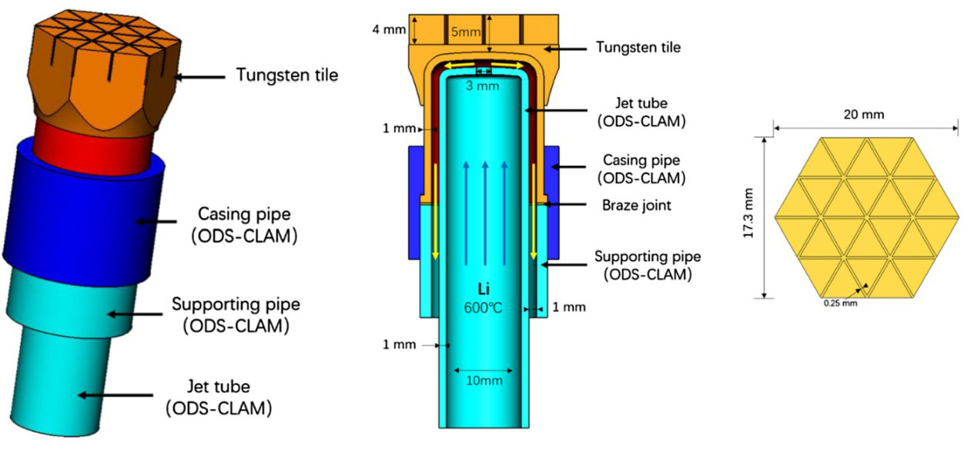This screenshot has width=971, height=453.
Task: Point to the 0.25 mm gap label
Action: pyautogui.click(x=839, y=303)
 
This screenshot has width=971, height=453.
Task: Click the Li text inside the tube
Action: pyautogui.click(x=484, y=287)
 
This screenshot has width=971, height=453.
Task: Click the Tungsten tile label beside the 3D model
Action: pyautogui.click(x=286, y=75)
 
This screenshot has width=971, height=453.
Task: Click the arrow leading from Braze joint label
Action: pyautogui.click(x=571, y=204)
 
